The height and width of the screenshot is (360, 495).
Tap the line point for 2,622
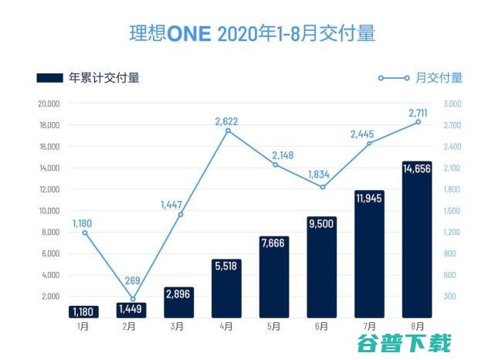click(x=228, y=131)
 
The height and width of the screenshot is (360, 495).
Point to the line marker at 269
click(x=133, y=299)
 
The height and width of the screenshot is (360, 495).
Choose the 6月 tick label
click(x=322, y=326)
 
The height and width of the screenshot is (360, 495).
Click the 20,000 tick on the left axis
click(x=49, y=104)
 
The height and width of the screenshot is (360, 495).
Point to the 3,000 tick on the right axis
click(x=452, y=104)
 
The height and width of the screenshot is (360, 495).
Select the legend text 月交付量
click(x=439, y=77)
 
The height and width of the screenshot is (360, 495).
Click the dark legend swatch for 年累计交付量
click(x=50, y=77)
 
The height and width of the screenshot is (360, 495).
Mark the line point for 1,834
click(x=323, y=187)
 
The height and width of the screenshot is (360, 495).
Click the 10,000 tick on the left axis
click(x=49, y=211)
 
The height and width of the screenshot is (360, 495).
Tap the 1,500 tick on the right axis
click(x=452, y=211)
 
